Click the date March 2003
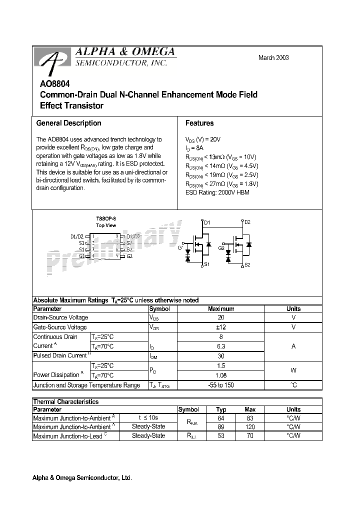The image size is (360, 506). click(x=273, y=57)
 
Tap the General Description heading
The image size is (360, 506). click(x=68, y=123)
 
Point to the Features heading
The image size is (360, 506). click(x=199, y=123)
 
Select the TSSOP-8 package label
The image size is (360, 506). click(x=105, y=219)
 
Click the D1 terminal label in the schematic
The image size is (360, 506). click(x=207, y=221)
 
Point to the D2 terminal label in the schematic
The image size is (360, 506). click(x=247, y=221)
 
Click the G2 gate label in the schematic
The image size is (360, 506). click(x=221, y=247)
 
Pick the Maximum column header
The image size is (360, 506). click(x=220, y=309)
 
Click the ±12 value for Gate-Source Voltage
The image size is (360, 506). click(x=221, y=327)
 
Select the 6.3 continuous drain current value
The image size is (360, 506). click(x=221, y=346)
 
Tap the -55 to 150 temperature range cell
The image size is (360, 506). click(x=220, y=385)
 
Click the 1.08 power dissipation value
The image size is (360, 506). click(x=221, y=375)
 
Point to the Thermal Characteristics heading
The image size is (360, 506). click(x=65, y=401)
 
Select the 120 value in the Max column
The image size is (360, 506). click(x=250, y=426)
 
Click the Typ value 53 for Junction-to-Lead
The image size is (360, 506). click(x=221, y=436)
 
